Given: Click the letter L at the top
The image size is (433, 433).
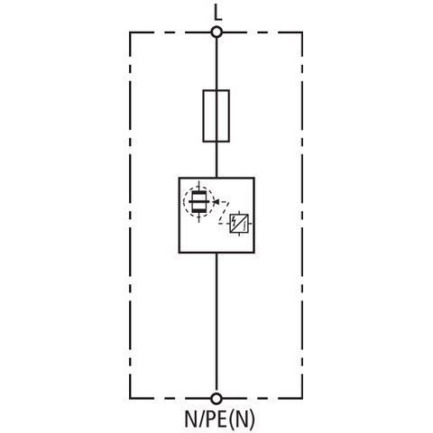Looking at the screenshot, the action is [x=217, y=14].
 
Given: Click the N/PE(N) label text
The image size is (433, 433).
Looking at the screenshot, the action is [x=219, y=419].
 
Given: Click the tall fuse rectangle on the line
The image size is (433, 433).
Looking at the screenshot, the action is [x=203, y=115].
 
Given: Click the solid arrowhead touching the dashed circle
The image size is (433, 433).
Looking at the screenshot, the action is [x=216, y=201].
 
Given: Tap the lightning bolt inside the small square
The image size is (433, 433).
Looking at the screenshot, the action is [x=235, y=222].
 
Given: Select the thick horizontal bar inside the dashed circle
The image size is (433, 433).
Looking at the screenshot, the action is [x=198, y=201].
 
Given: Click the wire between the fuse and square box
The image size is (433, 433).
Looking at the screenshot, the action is [x=216, y=160].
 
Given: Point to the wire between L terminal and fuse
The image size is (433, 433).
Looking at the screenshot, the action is [x=216, y=64].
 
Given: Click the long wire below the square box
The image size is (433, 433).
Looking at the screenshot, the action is [x=216, y=323].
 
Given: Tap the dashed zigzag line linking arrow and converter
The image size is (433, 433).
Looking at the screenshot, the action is [x=225, y=212].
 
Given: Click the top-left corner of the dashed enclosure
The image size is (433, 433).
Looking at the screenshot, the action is [x=130, y=32].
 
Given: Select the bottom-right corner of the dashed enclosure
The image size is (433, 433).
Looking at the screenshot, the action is [x=302, y=399].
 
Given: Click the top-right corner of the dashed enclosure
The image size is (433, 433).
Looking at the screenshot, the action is [x=302, y=32].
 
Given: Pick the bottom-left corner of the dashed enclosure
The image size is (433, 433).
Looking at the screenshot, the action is [x=130, y=399].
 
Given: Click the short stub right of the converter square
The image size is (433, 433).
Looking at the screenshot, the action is [x=251, y=224].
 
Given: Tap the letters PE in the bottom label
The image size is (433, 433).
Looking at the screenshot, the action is [x=216, y=419].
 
